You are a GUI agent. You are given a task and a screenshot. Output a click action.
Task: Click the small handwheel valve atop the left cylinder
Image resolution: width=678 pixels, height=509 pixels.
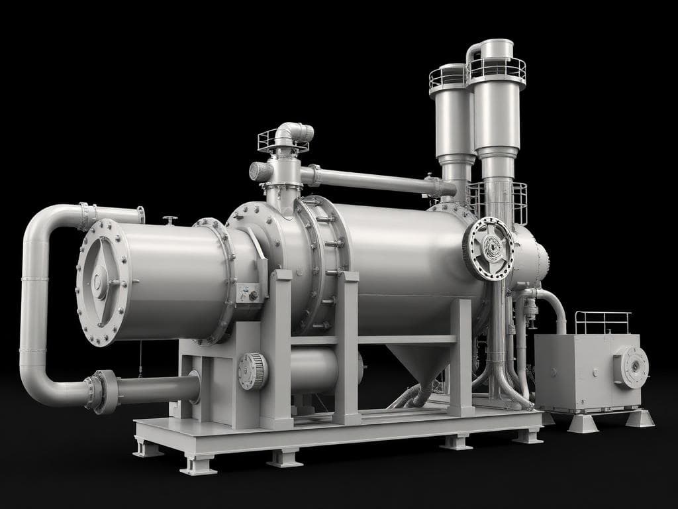170,219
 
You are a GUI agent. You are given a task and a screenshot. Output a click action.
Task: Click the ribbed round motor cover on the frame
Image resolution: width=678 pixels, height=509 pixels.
252,371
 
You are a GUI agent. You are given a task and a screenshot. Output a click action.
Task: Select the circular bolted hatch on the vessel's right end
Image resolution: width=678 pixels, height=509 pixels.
489,249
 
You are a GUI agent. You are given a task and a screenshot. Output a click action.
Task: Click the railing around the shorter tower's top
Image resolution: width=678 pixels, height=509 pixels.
448,78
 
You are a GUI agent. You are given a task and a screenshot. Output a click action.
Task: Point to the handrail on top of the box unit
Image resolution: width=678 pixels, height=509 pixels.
602,321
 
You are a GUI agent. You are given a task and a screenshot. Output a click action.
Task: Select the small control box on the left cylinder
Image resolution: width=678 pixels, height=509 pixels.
250,292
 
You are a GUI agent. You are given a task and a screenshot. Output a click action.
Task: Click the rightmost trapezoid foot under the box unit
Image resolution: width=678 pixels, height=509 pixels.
639,418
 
